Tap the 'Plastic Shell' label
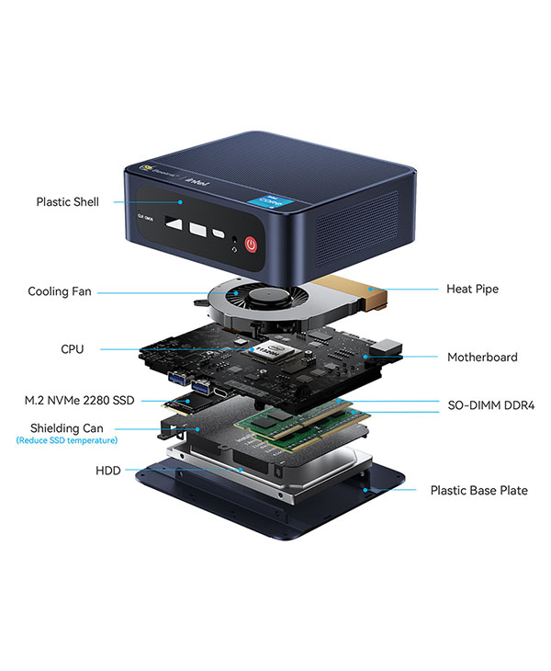(x=67, y=201)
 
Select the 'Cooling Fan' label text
(x=60, y=291)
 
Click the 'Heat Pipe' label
(x=472, y=289)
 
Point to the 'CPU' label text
(x=73, y=349)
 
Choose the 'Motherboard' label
(x=482, y=357)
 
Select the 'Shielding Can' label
(x=66, y=428)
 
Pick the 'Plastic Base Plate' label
(x=478, y=490)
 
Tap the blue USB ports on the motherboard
(x=176, y=381)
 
